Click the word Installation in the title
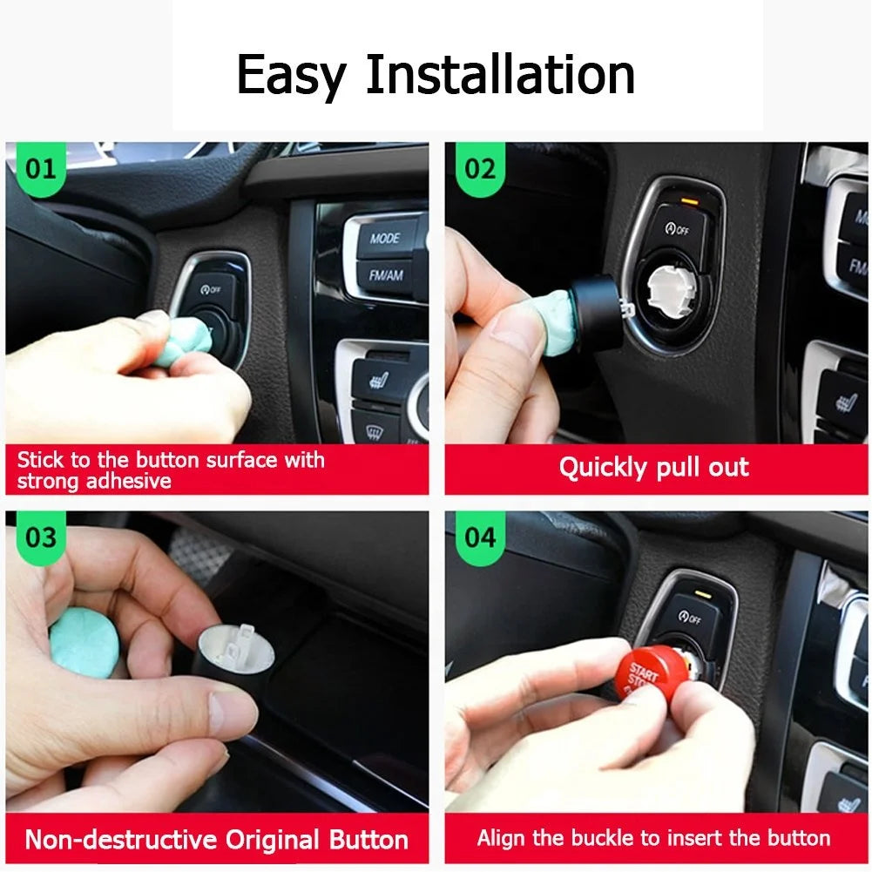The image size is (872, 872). pos(500,75)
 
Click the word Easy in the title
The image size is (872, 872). pos(291,77)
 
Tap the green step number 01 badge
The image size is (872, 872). pos(39,168)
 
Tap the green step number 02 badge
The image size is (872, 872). pos(479,168)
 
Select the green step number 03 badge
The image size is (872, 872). pos(39,537)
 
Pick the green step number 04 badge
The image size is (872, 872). pos(479,537)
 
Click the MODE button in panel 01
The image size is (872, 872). pos(384,238)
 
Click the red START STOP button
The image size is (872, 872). pos(646,676)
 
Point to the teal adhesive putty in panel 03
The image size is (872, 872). pos(84,643)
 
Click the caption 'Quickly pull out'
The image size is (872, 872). pos(653,468)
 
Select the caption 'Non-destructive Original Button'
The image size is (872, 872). pos(216,840)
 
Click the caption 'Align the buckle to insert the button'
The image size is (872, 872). pos(653,839)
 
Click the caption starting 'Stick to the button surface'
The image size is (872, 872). pos(171,470)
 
